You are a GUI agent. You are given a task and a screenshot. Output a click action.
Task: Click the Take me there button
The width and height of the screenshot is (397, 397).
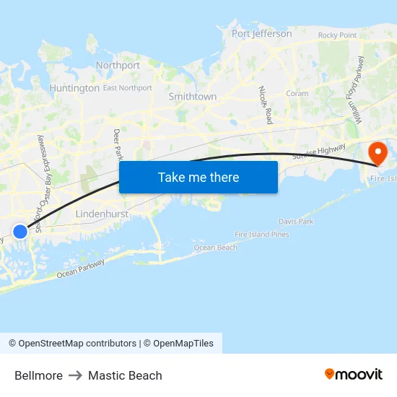click(198, 178)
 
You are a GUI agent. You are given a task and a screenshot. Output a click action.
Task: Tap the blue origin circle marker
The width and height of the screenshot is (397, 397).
click(20, 231)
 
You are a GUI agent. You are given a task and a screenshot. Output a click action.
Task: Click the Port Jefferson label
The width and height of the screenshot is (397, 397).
click(262, 34)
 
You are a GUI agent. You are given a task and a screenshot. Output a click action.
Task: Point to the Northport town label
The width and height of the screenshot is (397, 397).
click(118, 65)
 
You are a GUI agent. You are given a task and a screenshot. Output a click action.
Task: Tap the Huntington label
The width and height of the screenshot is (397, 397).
click(74, 88)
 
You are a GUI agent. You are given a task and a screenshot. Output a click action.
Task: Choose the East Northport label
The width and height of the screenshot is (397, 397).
click(128, 88)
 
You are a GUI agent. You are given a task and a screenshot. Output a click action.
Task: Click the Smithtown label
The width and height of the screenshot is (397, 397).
click(193, 96)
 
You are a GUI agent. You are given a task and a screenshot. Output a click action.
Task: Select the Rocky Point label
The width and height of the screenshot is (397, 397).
click(337, 35)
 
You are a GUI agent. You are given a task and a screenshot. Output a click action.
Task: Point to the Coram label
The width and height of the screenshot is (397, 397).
click(297, 94)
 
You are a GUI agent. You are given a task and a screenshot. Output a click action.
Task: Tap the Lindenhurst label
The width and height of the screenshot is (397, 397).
click(102, 214)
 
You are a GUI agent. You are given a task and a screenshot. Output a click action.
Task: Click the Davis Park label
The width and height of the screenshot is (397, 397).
click(296, 222)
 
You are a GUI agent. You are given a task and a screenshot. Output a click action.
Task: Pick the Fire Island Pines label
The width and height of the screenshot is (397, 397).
click(262, 235)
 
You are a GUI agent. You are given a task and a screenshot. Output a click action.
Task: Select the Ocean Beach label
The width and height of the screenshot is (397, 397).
click(215, 248)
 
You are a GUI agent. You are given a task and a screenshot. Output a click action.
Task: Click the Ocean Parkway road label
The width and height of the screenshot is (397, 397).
click(80, 268)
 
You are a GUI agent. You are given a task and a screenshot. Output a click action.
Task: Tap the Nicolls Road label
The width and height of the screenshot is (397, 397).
click(265, 105)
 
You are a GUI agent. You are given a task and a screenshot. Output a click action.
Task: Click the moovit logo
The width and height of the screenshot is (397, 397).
click(353, 374)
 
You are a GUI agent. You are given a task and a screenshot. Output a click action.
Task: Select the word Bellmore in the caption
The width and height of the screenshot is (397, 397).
click(38, 375)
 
